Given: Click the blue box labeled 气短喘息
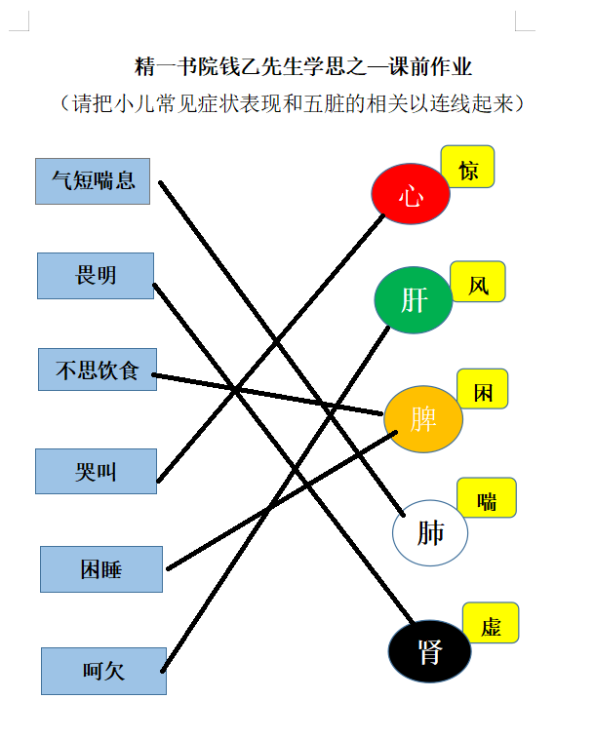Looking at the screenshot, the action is [93, 181].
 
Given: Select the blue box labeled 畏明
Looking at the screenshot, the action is [96, 276].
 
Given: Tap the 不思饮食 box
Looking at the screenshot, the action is [98, 369].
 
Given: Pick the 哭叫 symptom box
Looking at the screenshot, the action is [96, 471].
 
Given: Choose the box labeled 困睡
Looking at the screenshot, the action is [101, 569].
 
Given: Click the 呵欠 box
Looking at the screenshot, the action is [103, 671].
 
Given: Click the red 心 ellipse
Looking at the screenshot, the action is [411, 193].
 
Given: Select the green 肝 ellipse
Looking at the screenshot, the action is [414, 300].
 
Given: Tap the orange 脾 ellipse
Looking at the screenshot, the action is [423, 419].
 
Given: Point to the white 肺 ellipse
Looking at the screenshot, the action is [430, 533].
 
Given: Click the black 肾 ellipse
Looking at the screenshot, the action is [429, 651].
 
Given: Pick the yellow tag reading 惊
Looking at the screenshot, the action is [467, 167].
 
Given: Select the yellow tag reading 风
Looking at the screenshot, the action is [478, 282].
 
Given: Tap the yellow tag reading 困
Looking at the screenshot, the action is [483, 389].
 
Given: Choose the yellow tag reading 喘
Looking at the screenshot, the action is [487, 497].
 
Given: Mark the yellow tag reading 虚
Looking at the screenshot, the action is [491, 623].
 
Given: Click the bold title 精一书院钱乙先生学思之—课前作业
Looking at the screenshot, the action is [303, 66].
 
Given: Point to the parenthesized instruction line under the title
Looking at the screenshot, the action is [292, 103].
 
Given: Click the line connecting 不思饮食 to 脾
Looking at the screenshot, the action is [267, 395].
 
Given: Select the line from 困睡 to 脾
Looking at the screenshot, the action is [283, 500].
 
